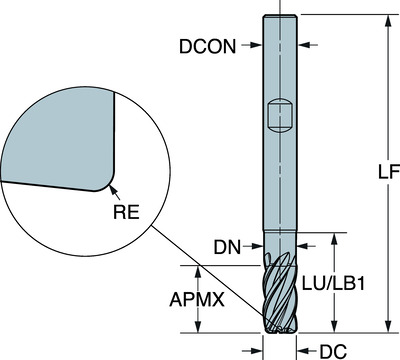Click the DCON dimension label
click(x=210, y=45)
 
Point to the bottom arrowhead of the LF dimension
click(x=385, y=327)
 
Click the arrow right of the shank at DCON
click(x=301, y=45)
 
